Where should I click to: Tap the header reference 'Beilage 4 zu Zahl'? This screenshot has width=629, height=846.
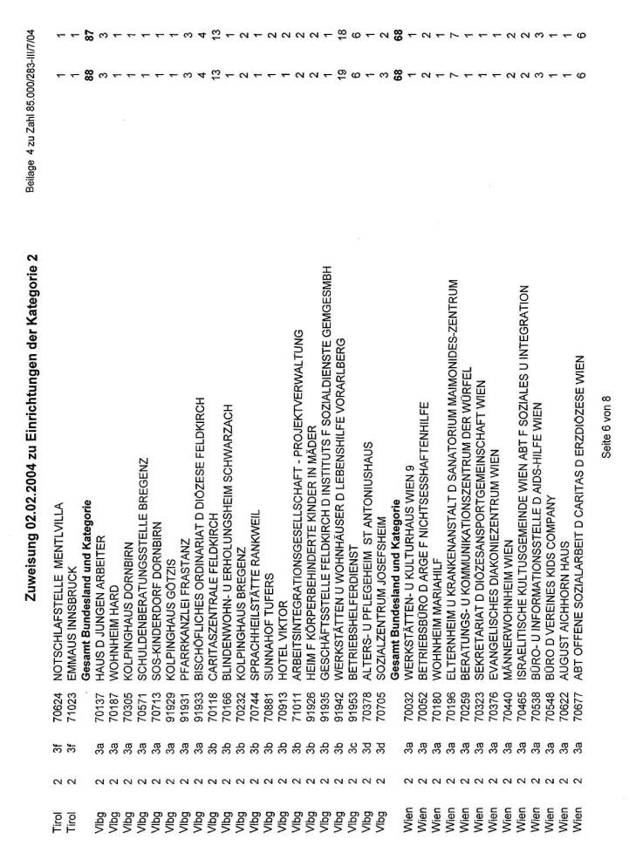[x=32, y=83]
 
